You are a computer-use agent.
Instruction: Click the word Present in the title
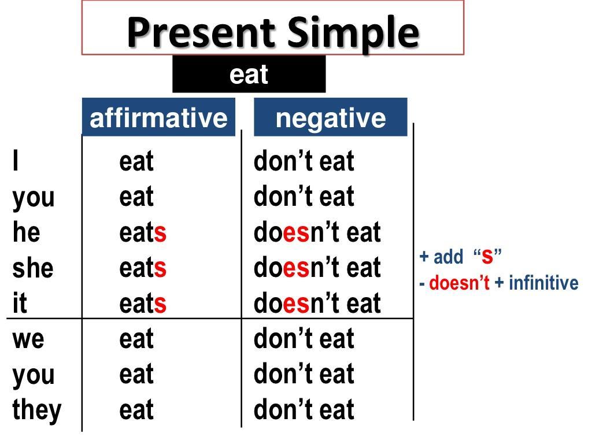202,32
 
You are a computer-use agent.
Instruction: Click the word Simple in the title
353,34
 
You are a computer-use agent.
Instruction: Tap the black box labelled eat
249,74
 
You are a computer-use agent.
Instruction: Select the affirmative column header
158,117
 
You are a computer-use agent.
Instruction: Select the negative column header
330,117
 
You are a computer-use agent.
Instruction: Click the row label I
16,161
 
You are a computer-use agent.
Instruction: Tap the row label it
20,302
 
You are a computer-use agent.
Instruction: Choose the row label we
28,339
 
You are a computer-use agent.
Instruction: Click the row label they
37,410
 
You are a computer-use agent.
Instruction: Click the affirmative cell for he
143,232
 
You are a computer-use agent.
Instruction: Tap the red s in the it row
160,304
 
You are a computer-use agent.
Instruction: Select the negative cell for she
317,267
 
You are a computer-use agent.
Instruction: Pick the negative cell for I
304,161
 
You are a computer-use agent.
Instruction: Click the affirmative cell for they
136,410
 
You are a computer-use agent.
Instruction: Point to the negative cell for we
304,338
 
